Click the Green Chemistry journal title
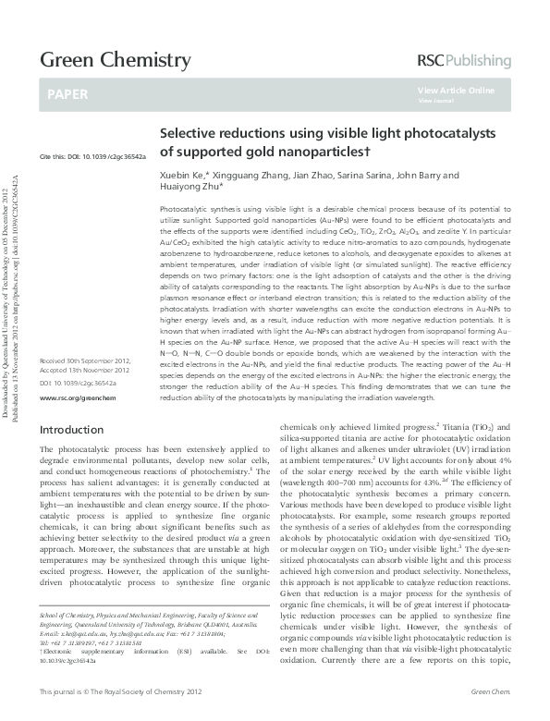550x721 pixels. [115, 61]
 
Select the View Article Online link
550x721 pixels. [456, 91]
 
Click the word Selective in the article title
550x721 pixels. [189, 133]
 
